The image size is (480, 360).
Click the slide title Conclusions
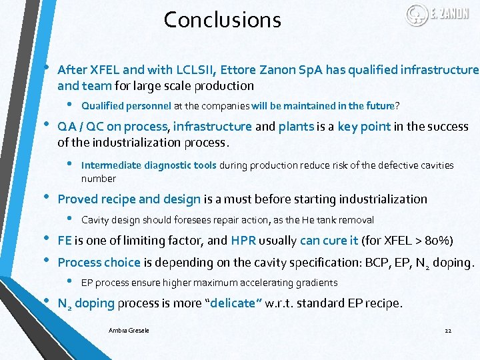222,20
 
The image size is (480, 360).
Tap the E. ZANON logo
437,14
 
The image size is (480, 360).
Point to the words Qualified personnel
126,105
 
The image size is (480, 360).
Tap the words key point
364,127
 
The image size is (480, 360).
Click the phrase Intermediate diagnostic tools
148,165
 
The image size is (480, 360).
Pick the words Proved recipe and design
129,199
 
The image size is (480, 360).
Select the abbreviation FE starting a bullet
65,241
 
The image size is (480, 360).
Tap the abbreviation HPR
243,241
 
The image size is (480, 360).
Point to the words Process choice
99,262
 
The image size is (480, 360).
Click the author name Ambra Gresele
129,330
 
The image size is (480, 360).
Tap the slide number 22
447,330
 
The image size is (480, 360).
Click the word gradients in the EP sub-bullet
317,283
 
